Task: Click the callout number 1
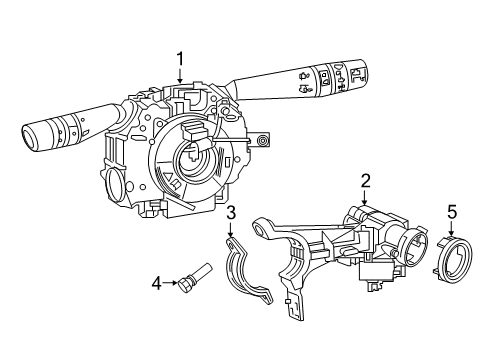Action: [x=180, y=59]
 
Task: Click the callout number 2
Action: [x=366, y=180]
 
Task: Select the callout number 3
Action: [x=230, y=212]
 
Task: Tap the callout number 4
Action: [x=157, y=284]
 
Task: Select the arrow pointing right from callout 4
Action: [x=169, y=284]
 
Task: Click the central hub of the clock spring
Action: [x=192, y=158]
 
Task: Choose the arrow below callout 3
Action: [x=230, y=233]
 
